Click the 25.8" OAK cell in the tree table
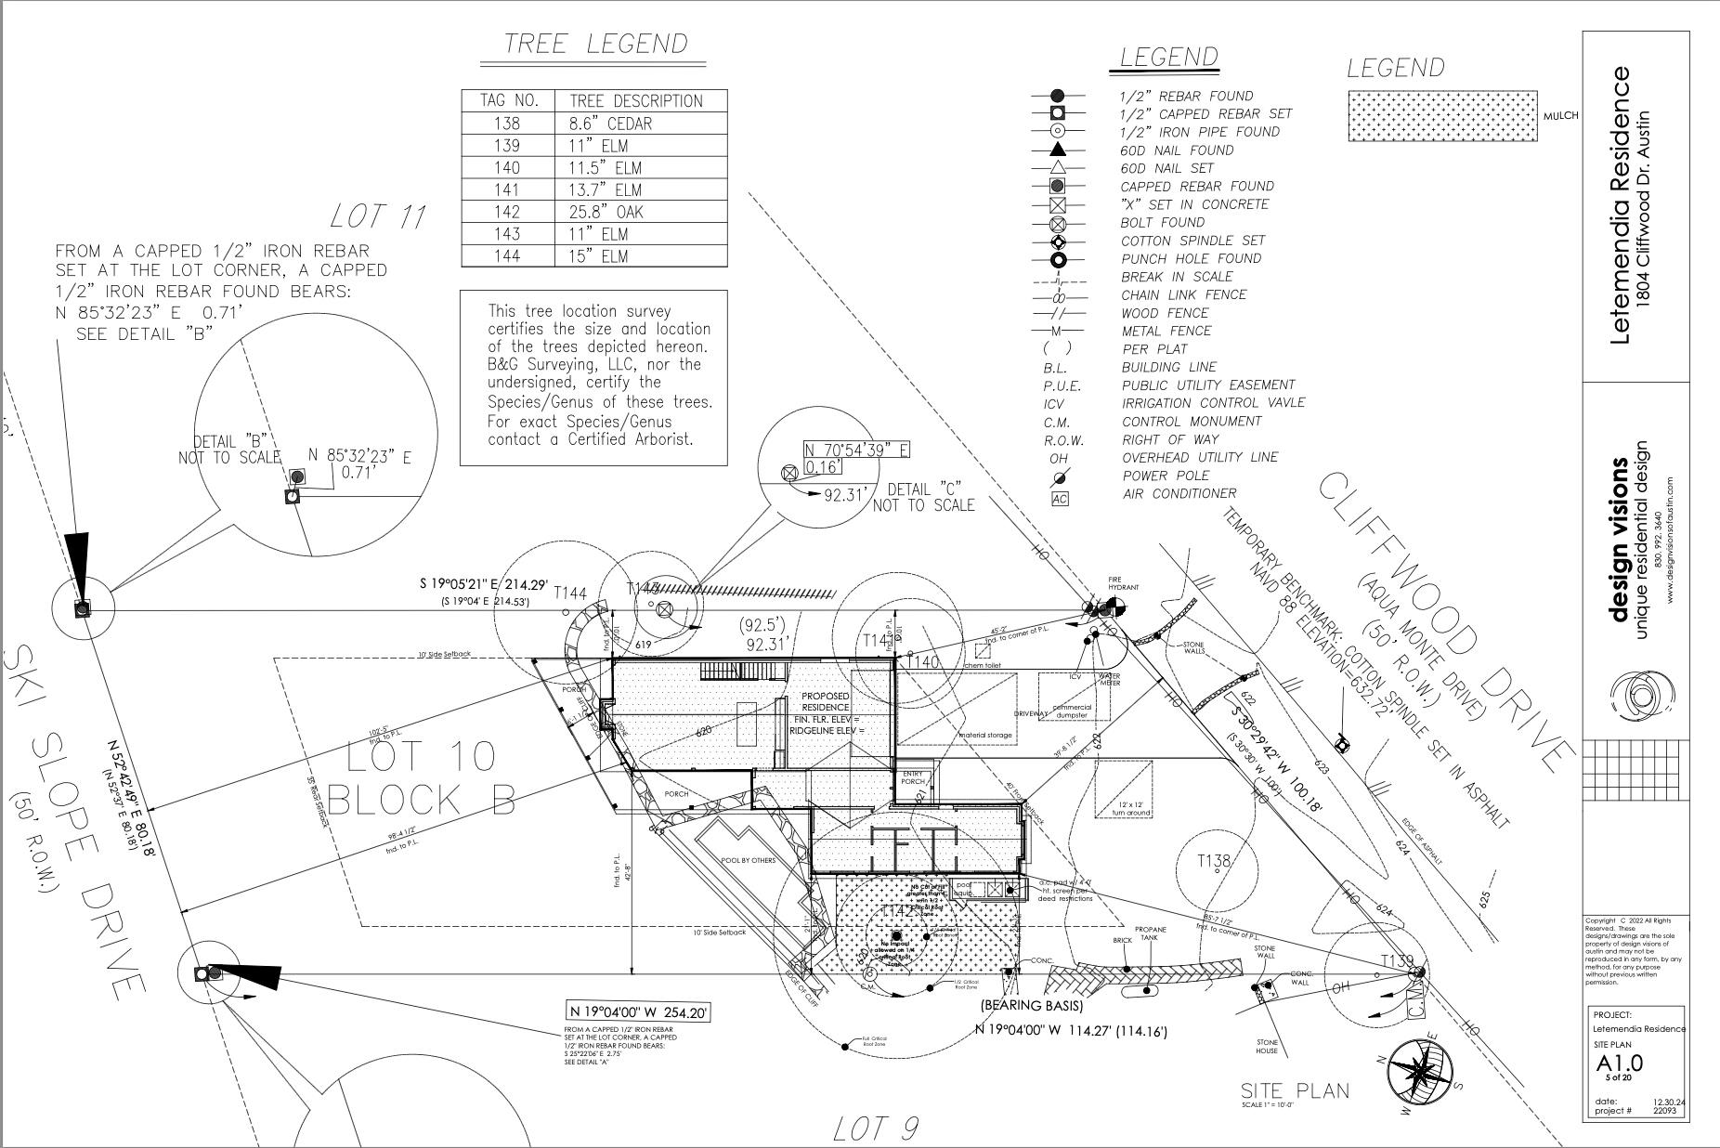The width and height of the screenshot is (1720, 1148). pyautogui.click(x=606, y=212)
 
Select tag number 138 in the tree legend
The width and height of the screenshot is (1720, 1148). pyautogui.click(x=507, y=124)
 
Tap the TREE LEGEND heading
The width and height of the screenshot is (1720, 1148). pyautogui.click(x=595, y=45)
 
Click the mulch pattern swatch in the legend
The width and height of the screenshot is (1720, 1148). pyautogui.click(x=1442, y=116)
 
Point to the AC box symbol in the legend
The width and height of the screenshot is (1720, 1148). pyautogui.click(x=1060, y=499)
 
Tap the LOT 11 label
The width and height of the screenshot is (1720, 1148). pyautogui.click(x=378, y=217)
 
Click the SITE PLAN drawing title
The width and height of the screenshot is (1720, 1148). pyautogui.click(x=1295, y=1090)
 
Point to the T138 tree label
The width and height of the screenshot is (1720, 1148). pyautogui.click(x=1214, y=861)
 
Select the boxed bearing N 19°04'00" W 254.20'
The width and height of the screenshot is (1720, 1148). pyautogui.click(x=638, y=1012)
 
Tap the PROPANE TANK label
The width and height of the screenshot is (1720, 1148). pyautogui.click(x=1150, y=933)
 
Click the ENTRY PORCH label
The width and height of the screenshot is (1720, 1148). pyautogui.click(x=913, y=777)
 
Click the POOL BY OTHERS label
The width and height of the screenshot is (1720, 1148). pyautogui.click(x=748, y=860)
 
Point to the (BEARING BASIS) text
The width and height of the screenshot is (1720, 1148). pyautogui.click(x=1031, y=1005)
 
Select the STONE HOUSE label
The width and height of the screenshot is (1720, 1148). pyautogui.click(x=1267, y=1047)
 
